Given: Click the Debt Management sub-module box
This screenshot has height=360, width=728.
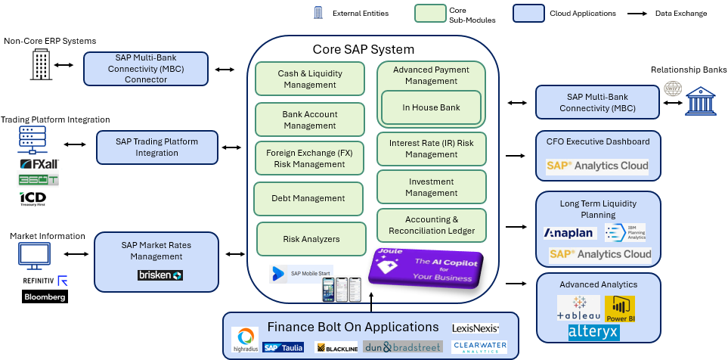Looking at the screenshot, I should tap(308, 198).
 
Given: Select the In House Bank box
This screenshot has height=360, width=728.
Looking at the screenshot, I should tap(431, 107).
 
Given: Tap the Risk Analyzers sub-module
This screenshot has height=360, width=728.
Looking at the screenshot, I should tap(311, 239).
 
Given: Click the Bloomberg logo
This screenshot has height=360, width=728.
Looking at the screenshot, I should tap(45, 296).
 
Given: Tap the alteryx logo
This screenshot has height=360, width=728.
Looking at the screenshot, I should tap(593, 332).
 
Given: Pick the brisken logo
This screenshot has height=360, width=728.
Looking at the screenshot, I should tap(160, 275).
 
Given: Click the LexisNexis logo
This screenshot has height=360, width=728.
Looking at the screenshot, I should tap(475, 328).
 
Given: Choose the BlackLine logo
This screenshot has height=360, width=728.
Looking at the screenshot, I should tap(336, 349).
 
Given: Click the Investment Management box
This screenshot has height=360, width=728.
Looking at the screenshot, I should tap(431, 187).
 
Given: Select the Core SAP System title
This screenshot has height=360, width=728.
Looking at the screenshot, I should tap(364, 50).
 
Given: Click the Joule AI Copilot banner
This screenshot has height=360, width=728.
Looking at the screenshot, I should tap(426, 268).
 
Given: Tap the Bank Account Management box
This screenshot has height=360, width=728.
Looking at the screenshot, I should tap(309, 119).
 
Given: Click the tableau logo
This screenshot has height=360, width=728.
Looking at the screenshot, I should tap(578, 309).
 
